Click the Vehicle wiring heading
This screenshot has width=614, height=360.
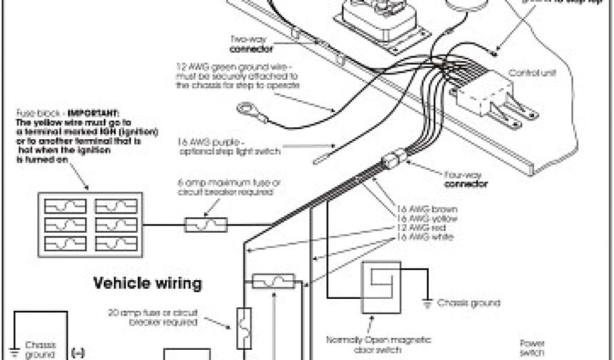coord(147,283)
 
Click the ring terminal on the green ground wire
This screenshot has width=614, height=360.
coord(245,109)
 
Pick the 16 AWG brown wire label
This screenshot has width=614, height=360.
coord(428,209)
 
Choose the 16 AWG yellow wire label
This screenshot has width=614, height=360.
coord(428,219)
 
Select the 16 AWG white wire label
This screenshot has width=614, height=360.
coord(425,238)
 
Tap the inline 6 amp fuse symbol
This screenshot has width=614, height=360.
coord(205,225)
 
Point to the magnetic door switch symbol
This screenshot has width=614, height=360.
coord(381,287)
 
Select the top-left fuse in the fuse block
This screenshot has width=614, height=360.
coord(65,206)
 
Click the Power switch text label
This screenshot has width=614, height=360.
coord(532,348)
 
